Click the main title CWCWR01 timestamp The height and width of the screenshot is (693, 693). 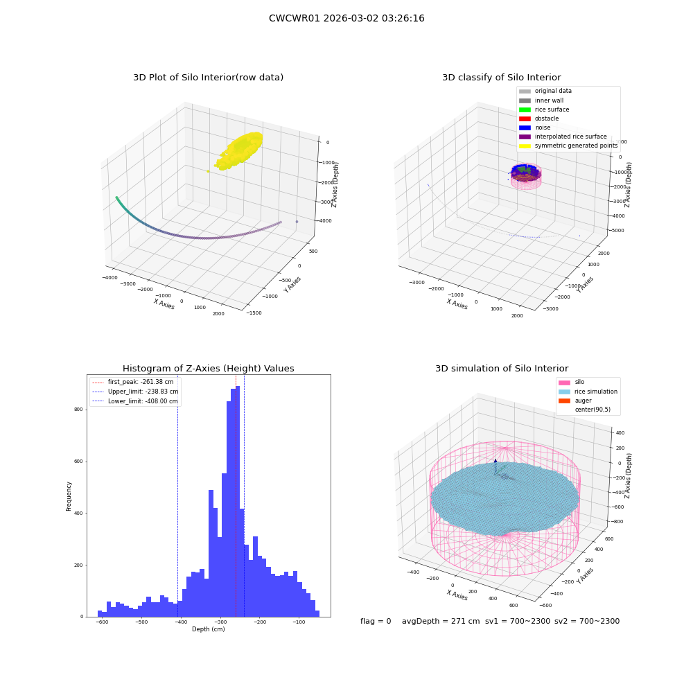point(346,18)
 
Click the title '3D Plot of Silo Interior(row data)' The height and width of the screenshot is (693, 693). point(208,78)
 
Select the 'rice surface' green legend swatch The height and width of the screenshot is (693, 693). point(525,109)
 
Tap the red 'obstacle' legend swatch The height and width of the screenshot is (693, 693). point(525,119)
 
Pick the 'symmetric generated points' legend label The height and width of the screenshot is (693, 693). point(576,146)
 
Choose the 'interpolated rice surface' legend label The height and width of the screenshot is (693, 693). point(570,137)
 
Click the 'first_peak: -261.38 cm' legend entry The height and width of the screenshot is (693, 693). point(135,382)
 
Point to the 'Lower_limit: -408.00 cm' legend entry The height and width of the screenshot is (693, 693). point(135,401)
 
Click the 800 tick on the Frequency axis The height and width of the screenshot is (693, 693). point(79,410)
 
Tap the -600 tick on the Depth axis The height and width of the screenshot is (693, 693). point(102,622)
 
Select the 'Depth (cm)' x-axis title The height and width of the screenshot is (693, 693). point(208,629)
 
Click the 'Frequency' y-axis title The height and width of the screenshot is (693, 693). point(69,496)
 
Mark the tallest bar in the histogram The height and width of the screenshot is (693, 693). point(238,501)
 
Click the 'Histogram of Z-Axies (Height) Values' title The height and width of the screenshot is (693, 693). point(208,369)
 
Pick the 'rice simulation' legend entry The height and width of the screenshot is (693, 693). point(588,392)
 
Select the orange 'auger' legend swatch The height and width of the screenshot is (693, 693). point(564,401)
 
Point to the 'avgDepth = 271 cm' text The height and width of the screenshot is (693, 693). point(441,621)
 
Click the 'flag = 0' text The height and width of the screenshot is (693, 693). point(376,621)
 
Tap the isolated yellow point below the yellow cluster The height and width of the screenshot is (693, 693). point(208,171)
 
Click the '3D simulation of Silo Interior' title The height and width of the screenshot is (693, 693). point(502,369)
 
